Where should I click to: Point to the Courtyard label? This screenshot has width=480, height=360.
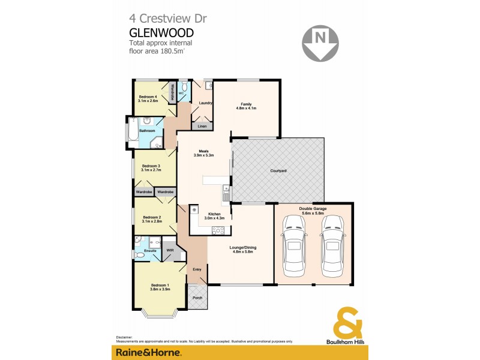(x=277, y=172)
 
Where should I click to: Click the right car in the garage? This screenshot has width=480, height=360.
(x=332, y=246)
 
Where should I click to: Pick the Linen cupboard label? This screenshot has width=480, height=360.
(x=202, y=127)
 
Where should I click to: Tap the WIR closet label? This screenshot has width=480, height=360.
(x=170, y=250)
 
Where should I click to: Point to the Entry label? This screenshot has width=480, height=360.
(x=196, y=270)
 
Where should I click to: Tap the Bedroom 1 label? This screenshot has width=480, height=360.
(x=160, y=286)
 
